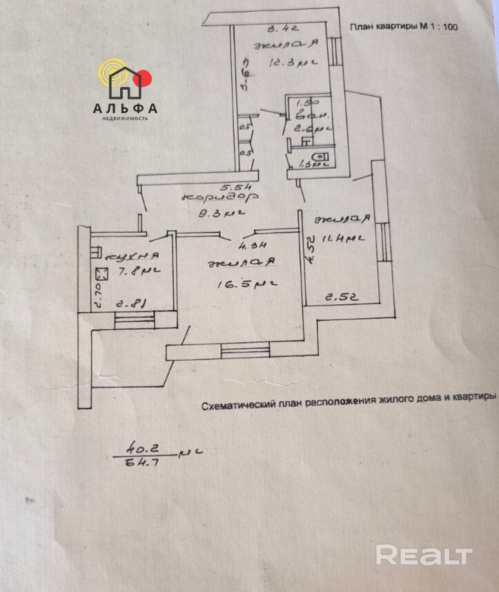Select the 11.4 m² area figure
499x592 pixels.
click(345, 239)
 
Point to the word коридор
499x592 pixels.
click(211, 198)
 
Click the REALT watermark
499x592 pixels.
click(424, 555)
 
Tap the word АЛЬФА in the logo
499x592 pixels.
click(125, 108)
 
